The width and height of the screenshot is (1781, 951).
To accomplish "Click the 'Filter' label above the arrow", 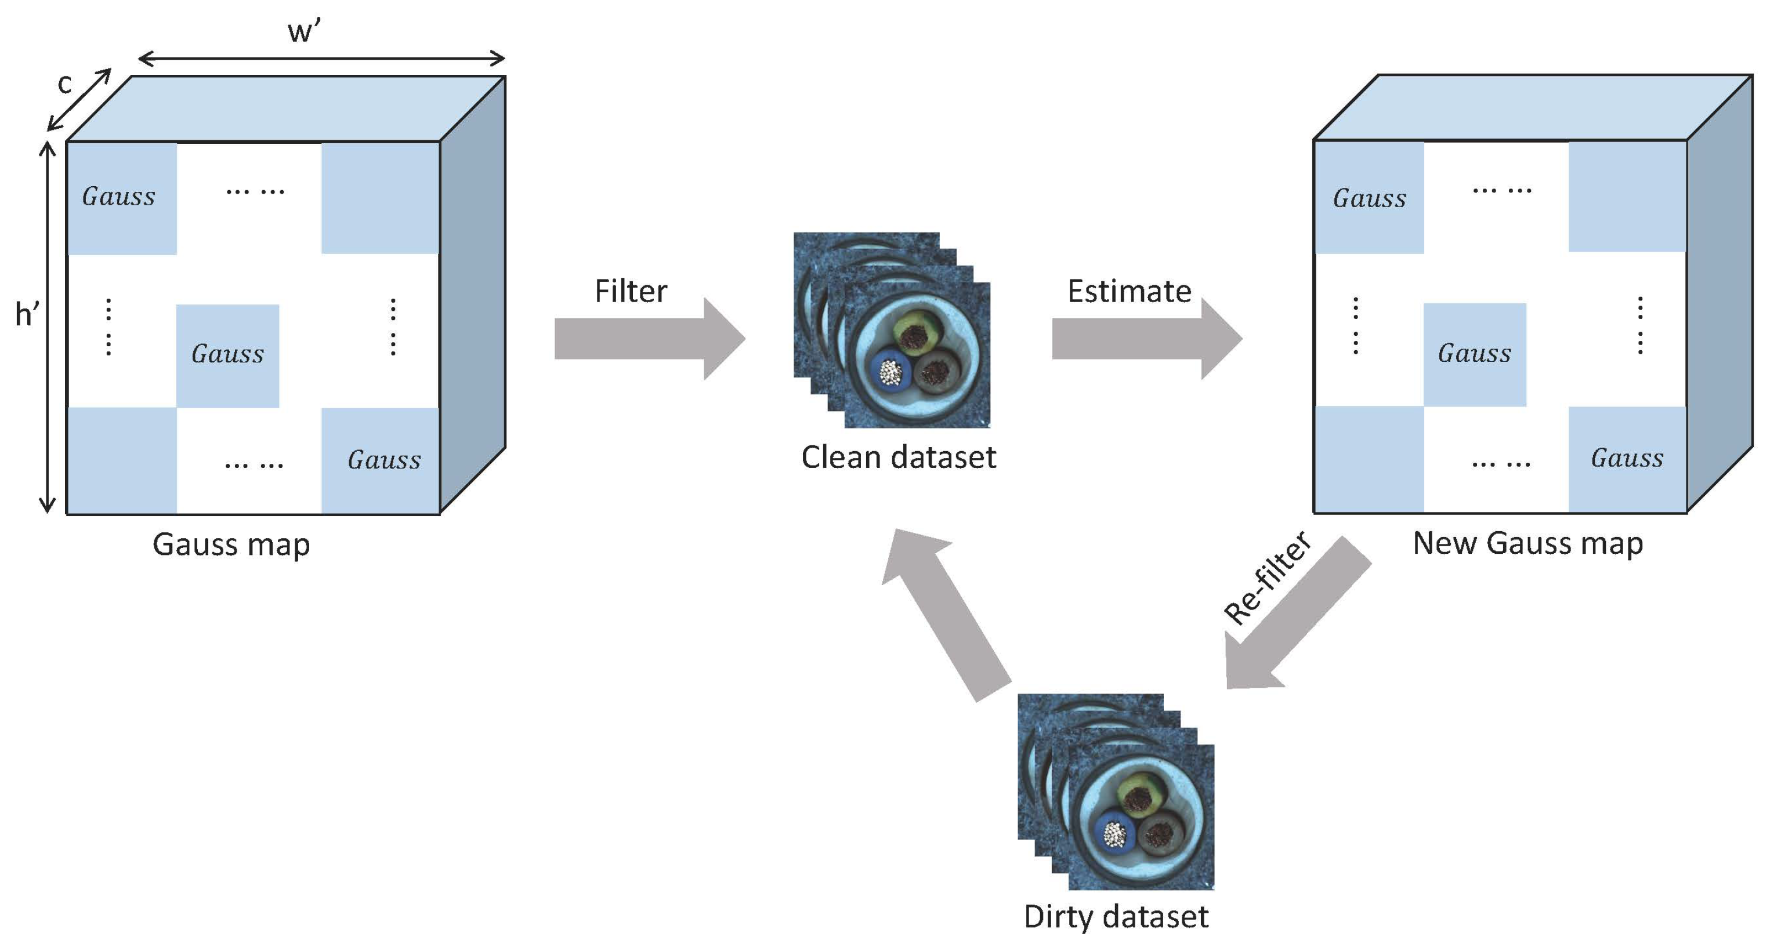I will tap(631, 291).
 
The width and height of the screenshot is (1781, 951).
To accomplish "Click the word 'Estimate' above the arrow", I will tap(1128, 291).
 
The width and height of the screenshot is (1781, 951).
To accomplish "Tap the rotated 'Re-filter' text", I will tap(1266, 578).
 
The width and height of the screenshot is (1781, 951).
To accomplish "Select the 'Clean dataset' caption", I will tap(898, 457).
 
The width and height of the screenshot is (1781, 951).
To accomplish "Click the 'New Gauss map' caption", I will tap(1527, 543).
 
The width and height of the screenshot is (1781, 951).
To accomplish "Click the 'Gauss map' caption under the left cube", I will tap(231, 544).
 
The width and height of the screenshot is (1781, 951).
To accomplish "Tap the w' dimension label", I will tap(304, 31).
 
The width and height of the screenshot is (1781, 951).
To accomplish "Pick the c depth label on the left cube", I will tap(64, 84).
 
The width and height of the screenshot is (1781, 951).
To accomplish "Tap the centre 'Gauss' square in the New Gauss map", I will tap(1474, 354).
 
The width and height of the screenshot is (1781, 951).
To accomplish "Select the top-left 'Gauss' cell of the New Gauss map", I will tap(1369, 198).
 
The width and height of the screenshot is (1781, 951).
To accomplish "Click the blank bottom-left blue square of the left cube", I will tap(122, 460).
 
